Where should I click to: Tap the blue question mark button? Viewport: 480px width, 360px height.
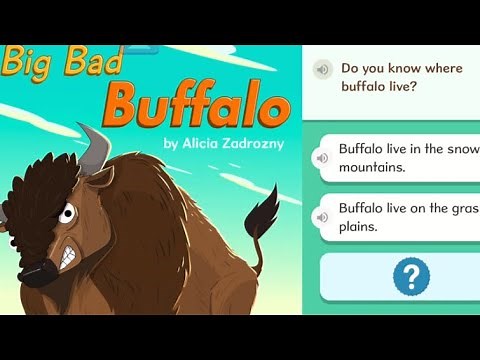click(x=411, y=276)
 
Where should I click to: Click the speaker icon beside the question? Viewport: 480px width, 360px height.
click(x=322, y=69)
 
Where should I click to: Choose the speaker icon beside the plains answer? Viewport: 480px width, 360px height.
click(x=322, y=214)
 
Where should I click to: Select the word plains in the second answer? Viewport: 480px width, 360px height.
click(x=358, y=227)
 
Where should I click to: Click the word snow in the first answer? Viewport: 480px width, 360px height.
click(x=461, y=149)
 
